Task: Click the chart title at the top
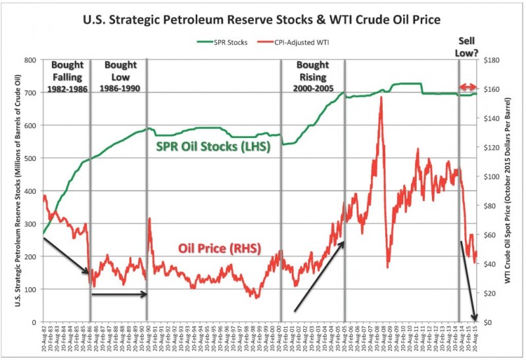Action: tap(262, 18)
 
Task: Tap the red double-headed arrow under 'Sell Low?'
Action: tap(467, 87)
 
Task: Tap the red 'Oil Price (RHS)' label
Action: tap(219, 248)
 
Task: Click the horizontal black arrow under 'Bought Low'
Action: tap(118, 294)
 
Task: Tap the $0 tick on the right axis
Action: tap(487, 323)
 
